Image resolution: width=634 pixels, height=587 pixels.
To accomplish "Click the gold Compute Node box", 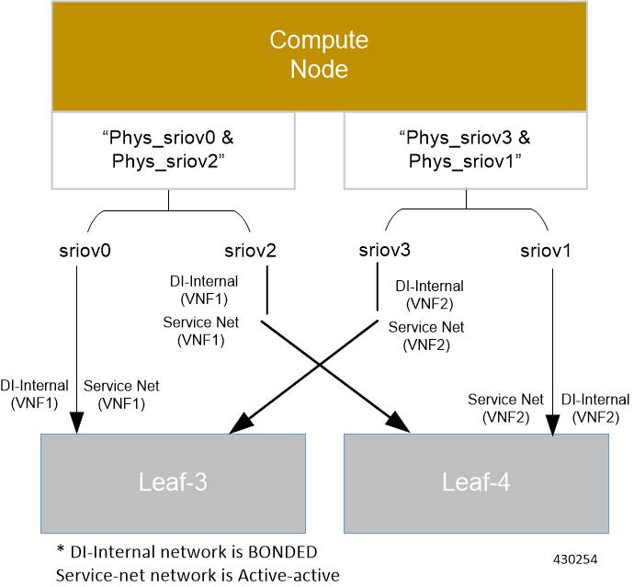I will click(x=318, y=55).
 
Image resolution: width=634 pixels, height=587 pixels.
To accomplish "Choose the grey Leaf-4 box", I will click(x=476, y=481).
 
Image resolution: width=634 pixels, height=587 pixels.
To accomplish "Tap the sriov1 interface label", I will click(x=546, y=251).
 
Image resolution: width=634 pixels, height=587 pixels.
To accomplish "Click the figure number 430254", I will click(x=575, y=558).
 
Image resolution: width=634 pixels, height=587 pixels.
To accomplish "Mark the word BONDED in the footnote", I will click(x=281, y=552).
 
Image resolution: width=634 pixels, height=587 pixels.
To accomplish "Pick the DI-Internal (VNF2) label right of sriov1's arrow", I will click(x=595, y=408).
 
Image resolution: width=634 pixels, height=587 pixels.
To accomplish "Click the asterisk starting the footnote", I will click(x=61, y=551).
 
